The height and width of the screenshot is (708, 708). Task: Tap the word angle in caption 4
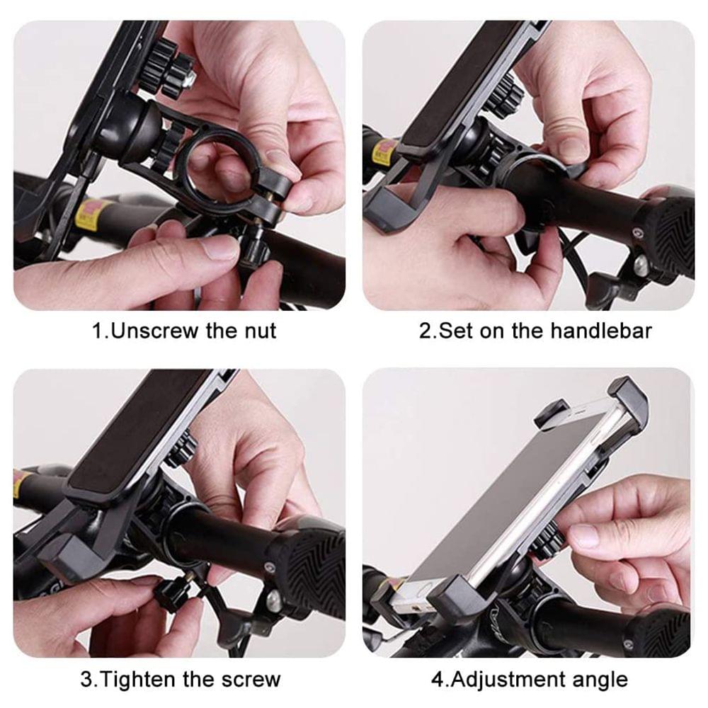(599, 680)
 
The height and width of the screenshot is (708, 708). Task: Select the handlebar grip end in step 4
(658, 630)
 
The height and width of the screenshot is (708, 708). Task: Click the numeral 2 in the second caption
(425, 331)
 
